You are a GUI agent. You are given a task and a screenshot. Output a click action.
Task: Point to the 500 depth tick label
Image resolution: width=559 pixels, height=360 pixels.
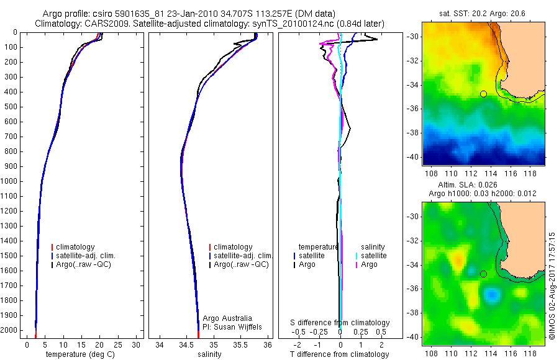(11, 107)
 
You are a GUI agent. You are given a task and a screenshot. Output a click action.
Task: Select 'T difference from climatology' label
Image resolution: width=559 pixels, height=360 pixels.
(340, 354)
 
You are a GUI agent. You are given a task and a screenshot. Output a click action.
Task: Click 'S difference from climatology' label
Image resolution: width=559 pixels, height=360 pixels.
(340, 323)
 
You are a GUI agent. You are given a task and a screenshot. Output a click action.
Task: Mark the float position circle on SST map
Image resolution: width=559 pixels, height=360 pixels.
(483, 94)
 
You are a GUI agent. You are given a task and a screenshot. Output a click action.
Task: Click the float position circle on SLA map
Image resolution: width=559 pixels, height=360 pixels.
(483, 274)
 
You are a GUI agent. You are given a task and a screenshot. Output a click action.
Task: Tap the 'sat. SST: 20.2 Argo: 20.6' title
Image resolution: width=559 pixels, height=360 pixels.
(481, 13)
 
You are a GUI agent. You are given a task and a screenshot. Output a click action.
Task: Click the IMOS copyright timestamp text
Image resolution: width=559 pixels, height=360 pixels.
(552, 286)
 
